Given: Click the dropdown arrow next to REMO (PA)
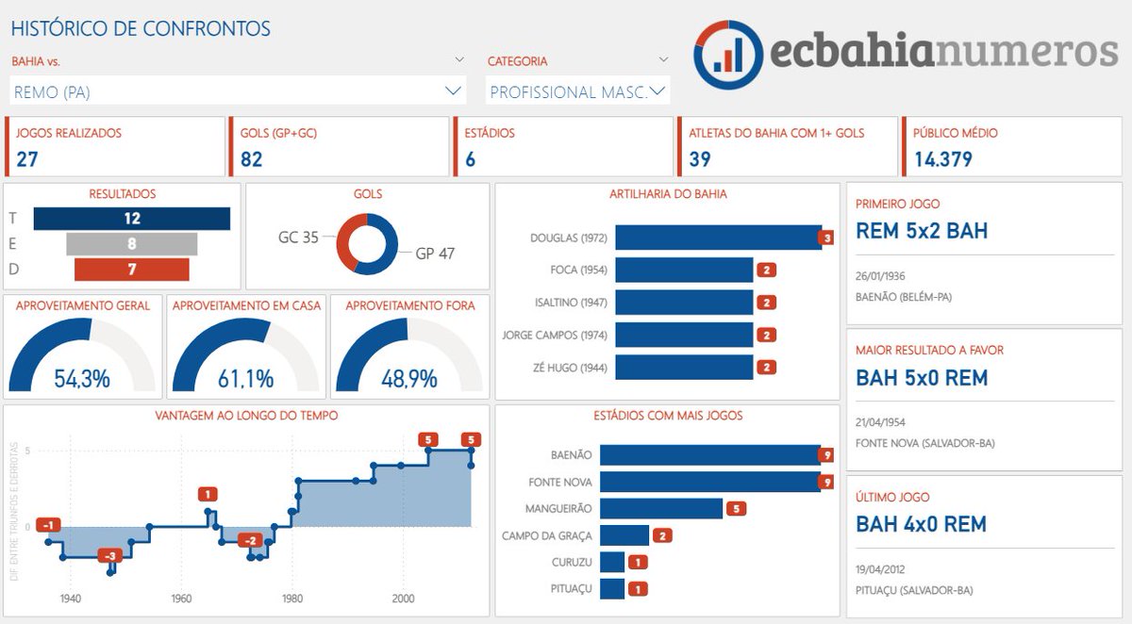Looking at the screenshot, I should (x=452, y=91).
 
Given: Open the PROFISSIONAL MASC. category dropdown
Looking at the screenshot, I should (x=658, y=91).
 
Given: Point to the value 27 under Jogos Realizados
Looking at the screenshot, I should (x=27, y=158).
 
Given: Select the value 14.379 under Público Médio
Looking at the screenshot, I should (x=942, y=158).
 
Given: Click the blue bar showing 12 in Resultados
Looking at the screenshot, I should (x=131, y=219).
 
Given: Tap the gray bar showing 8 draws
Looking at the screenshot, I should (x=131, y=244).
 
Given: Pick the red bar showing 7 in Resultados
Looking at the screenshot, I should (x=131, y=270).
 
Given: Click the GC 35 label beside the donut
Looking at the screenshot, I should (x=298, y=238).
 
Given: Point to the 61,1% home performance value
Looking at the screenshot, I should (x=245, y=379).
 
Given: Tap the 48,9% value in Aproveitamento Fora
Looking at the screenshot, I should (x=409, y=379).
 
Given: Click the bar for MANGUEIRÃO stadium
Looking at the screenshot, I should (x=660, y=509).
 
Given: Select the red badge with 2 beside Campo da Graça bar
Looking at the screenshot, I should (x=663, y=535).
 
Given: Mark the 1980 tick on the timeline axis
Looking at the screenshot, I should (x=292, y=599).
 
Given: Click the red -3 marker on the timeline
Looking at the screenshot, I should (x=111, y=556).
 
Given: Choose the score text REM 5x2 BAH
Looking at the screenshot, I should (x=922, y=231).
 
